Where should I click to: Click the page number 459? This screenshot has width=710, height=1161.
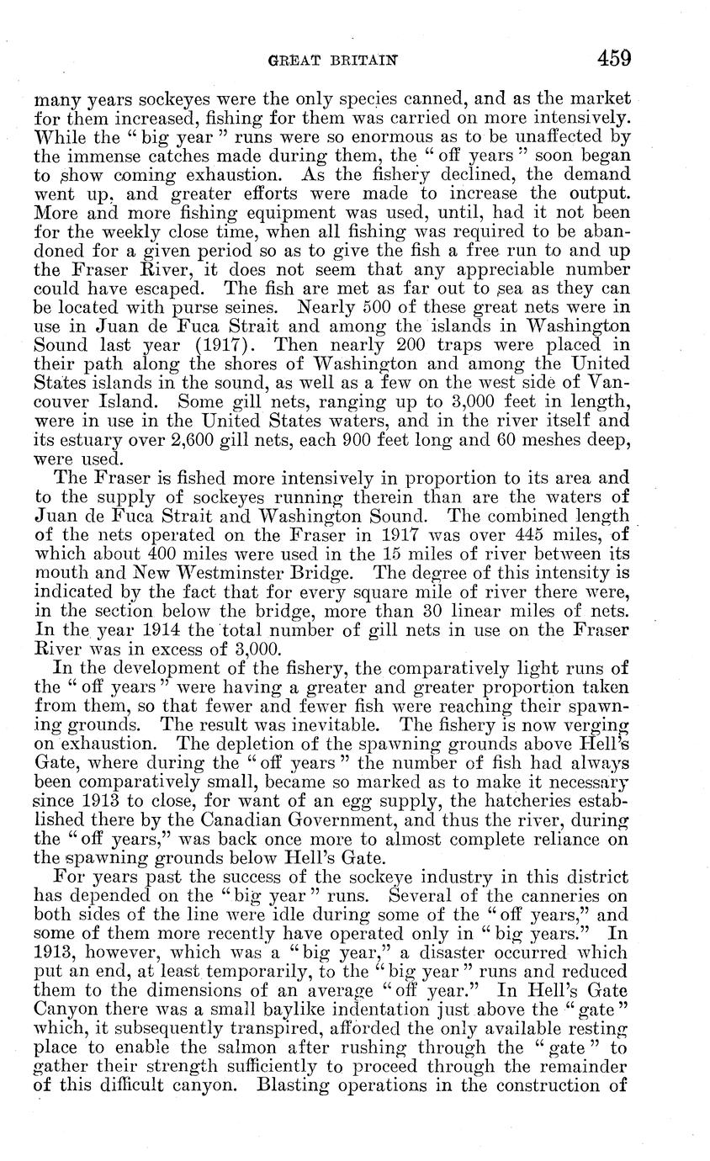(614, 58)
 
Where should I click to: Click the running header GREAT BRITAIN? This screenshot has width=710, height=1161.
(332, 60)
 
